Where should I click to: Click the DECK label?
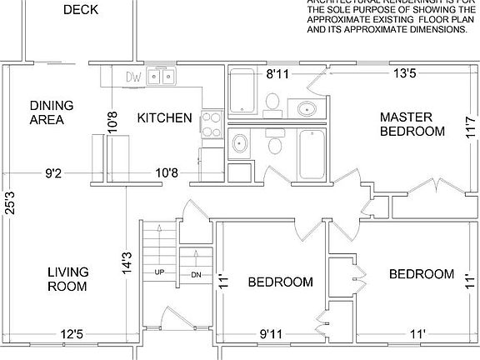tap(81, 10)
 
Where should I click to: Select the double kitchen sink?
tap(162, 77)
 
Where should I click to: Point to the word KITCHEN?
tap(165, 118)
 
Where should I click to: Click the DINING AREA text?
tap(52, 112)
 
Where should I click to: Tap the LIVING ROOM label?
tap(67, 279)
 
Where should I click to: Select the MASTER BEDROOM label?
tap(412, 124)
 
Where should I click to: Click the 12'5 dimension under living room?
tap(71, 335)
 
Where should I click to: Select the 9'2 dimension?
tap(54, 173)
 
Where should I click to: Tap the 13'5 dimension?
tap(405, 74)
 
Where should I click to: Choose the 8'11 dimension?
tap(277, 74)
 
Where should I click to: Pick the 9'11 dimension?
tap(271, 335)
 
